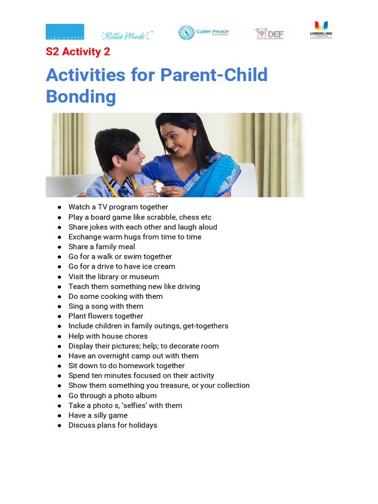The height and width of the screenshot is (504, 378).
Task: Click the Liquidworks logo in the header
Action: click(64, 31)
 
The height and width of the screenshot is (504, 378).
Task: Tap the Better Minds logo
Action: click(127, 34)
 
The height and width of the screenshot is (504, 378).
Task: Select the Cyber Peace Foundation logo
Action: click(203, 33)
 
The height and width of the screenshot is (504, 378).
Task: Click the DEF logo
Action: click(269, 33)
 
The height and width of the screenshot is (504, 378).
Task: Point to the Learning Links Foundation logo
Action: click(321, 30)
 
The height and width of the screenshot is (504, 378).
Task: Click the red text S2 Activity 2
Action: click(78, 52)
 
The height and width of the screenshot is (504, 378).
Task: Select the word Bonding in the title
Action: click(81, 96)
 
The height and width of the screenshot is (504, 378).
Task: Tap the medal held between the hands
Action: click(158, 187)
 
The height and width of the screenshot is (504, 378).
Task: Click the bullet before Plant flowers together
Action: click(59, 316)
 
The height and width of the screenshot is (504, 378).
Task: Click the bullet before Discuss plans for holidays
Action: click(59, 425)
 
